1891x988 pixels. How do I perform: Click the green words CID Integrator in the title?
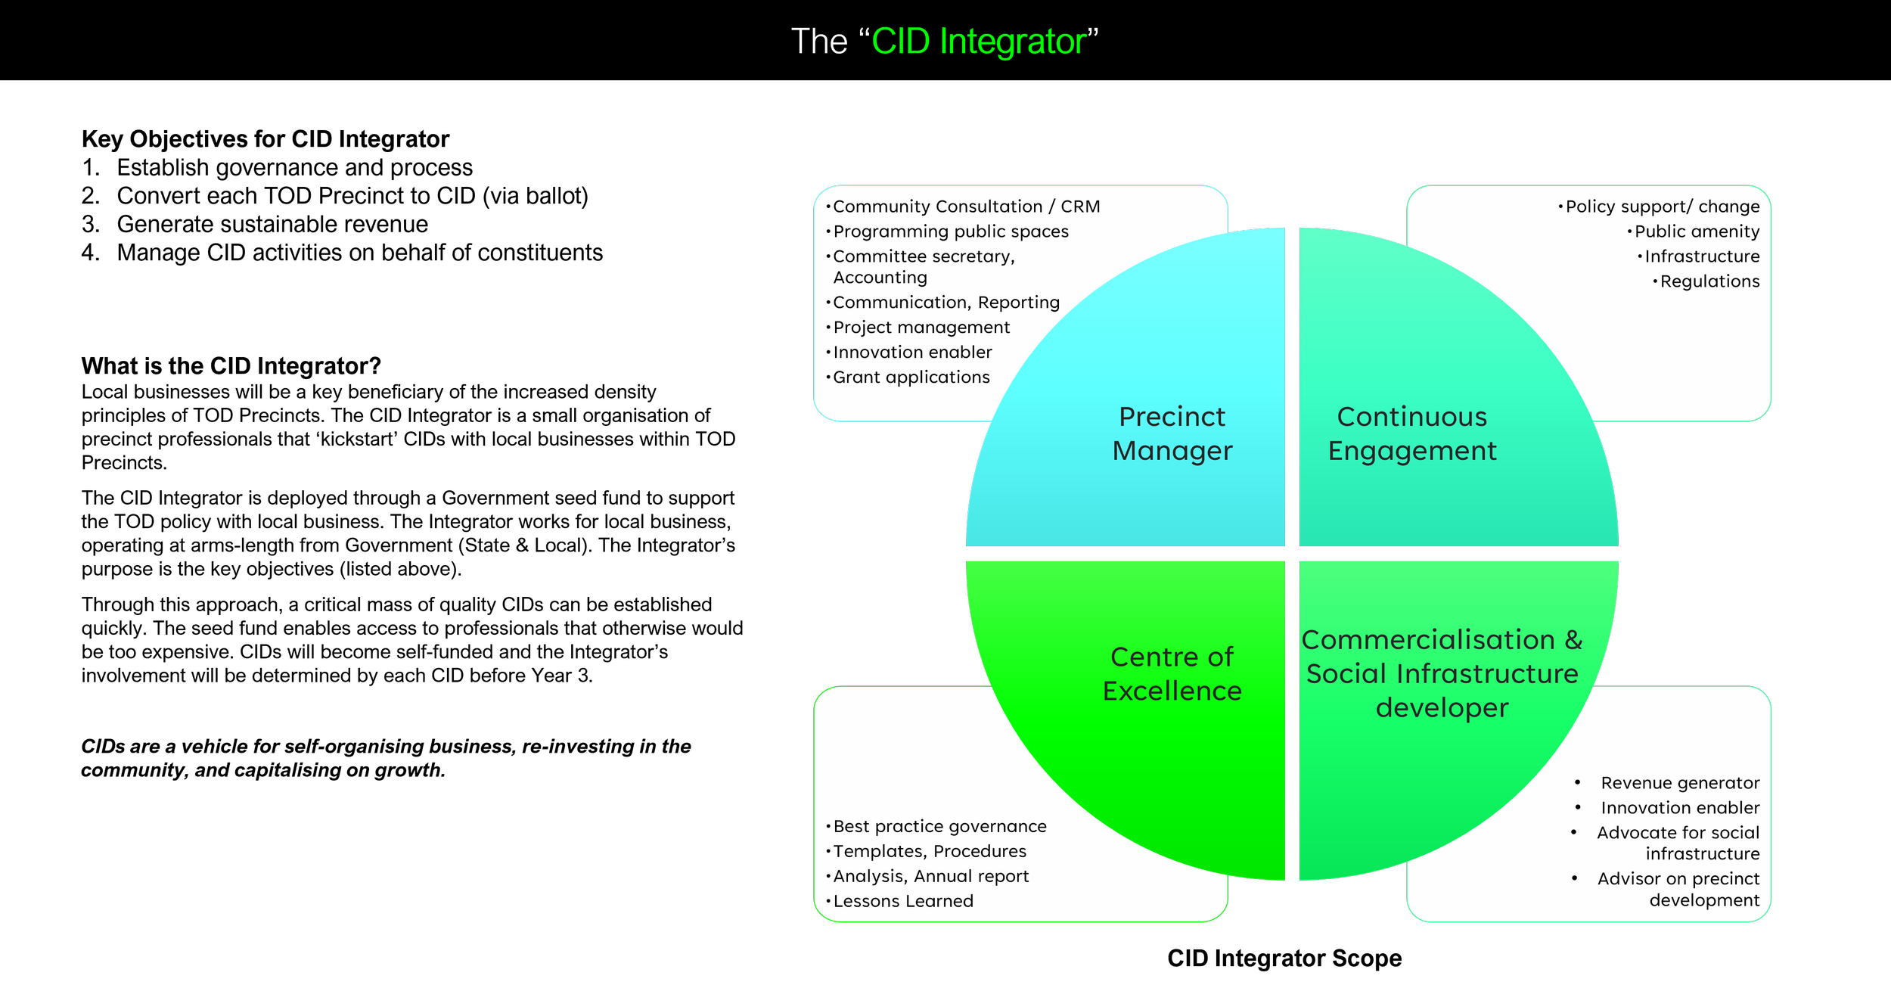tap(979, 42)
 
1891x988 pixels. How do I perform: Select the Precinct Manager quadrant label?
tap(1172, 433)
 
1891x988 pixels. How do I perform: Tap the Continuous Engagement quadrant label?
tap(1411, 433)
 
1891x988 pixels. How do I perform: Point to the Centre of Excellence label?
tap(1172, 673)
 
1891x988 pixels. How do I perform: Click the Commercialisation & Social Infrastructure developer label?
tap(1442, 673)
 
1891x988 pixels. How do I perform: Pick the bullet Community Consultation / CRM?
tap(966, 207)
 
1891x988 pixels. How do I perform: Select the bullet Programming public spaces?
tap(951, 231)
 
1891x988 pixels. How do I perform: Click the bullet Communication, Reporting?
tap(946, 303)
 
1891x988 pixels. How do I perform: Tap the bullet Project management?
tap(921, 328)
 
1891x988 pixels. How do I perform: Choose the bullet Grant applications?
tap(911, 377)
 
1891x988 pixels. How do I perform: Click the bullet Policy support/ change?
tap(1662, 207)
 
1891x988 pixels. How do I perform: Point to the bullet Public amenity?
tap(1697, 231)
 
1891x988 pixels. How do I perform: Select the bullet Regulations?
tap(1709, 281)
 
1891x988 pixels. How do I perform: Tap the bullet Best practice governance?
tap(939, 826)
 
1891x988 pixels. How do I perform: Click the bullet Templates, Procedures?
tap(930, 851)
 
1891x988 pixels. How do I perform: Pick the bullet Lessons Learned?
tap(903, 901)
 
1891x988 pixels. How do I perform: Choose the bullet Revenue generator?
tap(1680, 783)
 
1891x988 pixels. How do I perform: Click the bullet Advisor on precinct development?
tap(1678, 889)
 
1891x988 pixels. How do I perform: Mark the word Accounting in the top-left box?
tap(880, 278)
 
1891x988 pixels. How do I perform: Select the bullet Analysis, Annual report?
tap(931, 876)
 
